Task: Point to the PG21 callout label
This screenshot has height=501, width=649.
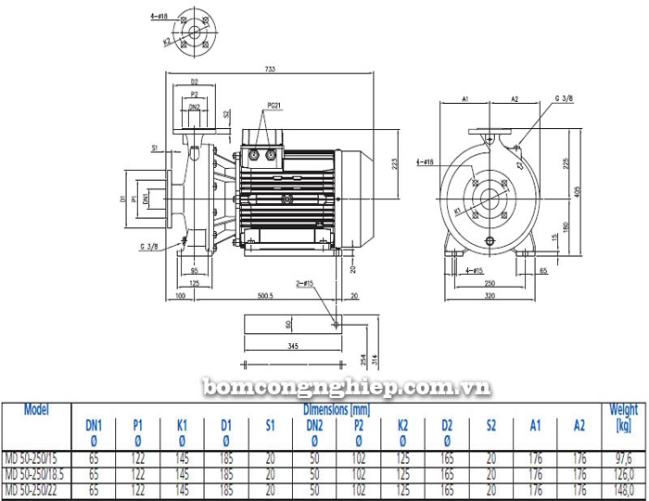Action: click(274, 106)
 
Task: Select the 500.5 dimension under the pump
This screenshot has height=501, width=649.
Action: click(264, 296)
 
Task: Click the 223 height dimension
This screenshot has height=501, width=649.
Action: click(394, 163)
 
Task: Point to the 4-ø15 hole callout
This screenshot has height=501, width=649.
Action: click(473, 271)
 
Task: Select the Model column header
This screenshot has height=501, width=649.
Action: click(36, 409)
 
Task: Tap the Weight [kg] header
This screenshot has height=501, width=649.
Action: click(623, 417)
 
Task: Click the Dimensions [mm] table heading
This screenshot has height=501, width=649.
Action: click(337, 409)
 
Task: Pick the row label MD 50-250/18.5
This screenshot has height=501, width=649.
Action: click(37, 473)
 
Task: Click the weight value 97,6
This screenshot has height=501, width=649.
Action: click(623, 457)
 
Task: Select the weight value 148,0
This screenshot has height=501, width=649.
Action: click(623, 489)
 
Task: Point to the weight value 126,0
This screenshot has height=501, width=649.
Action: click(623, 473)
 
